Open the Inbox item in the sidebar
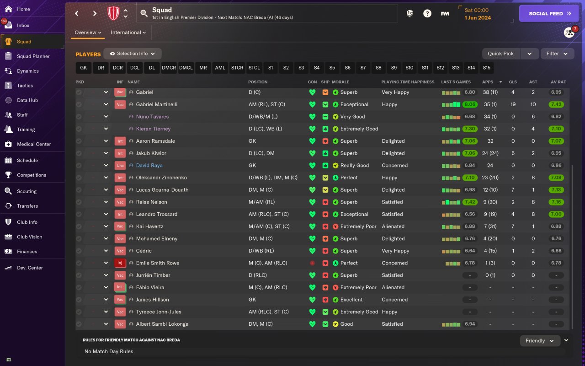[x=23, y=26]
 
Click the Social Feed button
[x=550, y=14]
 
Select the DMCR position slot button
[x=169, y=68]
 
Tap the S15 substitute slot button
[x=486, y=68]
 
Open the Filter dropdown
[x=557, y=54]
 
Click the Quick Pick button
[x=501, y=54]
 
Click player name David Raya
[x=149, y=166]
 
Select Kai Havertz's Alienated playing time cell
[x=393, y=226]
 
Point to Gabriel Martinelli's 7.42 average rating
[x=556, y=104]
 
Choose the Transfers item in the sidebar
[x=27, y=206]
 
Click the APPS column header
[x=488, y=82]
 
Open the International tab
[x=128, y=32]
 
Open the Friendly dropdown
[x=540, y=341]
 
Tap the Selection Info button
[x=133, y=54]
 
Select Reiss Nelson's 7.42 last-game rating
[x=469, y=202]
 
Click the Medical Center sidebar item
[x=34, y=144]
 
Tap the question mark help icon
[x=427, y=14]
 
